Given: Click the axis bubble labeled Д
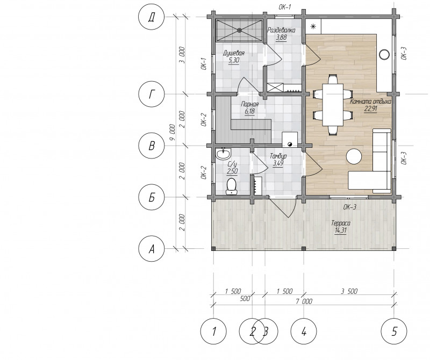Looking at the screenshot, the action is click(152, 17).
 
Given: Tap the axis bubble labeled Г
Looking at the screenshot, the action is click(152, 95).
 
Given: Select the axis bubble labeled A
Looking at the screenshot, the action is click(152, 249).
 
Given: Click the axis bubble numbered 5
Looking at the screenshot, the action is click(394, 332).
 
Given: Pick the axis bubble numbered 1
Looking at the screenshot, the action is click(213, 332).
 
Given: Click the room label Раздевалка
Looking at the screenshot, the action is click(281, 30).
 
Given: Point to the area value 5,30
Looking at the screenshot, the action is click(234, 60).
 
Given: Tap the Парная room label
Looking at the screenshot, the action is click(249, 104).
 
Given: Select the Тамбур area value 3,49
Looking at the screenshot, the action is click(278, 163).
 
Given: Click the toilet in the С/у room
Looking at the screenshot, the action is click(232, 186).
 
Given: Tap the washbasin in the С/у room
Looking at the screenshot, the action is click(224, 154).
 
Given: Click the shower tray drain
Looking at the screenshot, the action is click(240, 31).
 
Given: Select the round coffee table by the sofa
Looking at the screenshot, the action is click(354, 156).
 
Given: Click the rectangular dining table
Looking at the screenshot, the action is click(333, 105).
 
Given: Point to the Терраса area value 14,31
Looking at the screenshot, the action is click(340, 231).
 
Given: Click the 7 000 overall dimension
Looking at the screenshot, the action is click(304, 302).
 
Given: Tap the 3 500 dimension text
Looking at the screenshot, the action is click(349, 291).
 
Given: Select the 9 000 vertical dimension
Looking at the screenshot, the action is click(172, 132).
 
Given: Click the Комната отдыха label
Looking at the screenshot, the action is click(370, 102).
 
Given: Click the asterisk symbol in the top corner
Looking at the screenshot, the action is click(313, 26).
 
